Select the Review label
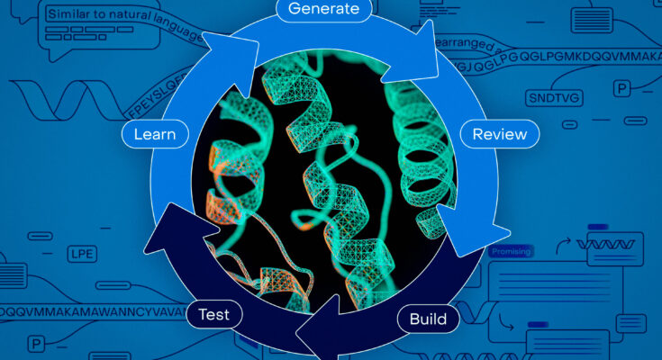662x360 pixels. pyautogui.click(x=500, y=134)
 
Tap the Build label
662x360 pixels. pyautogui.click(x=428, y=319)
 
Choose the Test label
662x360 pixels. pyautogui.click(x=214, y=315)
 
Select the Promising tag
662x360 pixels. pyautogui.click(x=511, y=252)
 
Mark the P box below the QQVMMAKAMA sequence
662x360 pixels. pyautogui.click(x=37, y=344)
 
